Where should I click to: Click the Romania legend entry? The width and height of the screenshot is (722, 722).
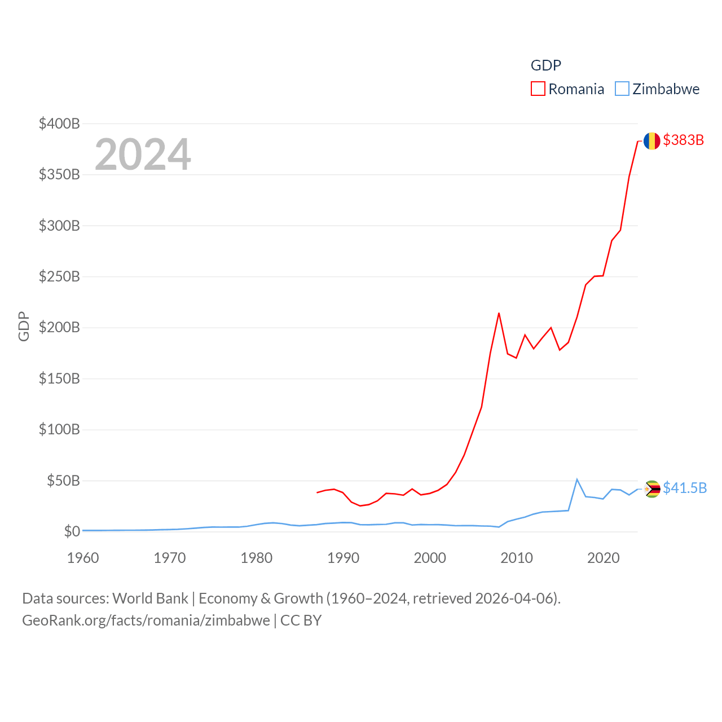(568, 89)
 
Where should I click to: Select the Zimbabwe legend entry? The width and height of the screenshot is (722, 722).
(658, 89)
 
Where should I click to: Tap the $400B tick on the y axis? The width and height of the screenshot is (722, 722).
(59, 124)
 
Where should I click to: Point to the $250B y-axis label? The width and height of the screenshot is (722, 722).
(59, 276)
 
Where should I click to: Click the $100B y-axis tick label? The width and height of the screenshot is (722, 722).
(59, 429)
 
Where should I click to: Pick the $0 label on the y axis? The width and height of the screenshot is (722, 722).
(72, 531)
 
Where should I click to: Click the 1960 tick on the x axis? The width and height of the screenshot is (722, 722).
(83, 558)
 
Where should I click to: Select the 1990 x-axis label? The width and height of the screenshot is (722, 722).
(343, 558)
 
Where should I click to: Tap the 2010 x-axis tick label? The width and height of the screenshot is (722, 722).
(517, 558)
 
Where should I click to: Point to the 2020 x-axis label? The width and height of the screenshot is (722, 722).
(604, 558)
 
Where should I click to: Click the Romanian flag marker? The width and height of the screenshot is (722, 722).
(652, 141)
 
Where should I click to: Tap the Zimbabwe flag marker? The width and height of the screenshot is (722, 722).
(652, 489)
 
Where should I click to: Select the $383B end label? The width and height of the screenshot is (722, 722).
(684, 140)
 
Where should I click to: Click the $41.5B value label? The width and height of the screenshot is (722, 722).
(685, 488)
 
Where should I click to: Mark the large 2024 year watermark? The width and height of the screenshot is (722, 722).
(143, 155)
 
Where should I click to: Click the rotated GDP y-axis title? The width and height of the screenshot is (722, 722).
(24, 326)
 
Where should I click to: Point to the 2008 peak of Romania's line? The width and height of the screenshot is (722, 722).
(499, 313)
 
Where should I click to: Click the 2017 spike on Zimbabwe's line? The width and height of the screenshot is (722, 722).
(576, 479)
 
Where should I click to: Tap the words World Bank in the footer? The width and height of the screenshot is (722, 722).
(151, 598)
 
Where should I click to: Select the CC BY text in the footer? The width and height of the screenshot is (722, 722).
(301, 620)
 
